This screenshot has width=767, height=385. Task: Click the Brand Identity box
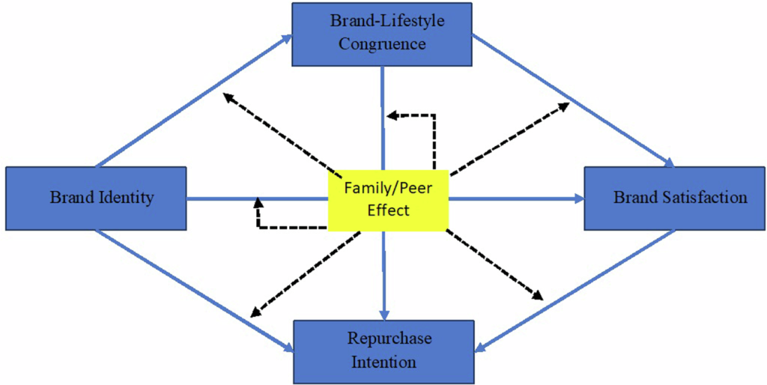(96, 198)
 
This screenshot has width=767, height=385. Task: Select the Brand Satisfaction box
(675, 198)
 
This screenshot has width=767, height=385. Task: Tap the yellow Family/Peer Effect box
(387, 199)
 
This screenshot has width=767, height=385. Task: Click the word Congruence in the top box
(382, 43)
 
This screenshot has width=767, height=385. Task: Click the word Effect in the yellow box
(388, 210)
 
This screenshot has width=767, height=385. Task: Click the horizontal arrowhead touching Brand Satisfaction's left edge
(578, 199)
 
